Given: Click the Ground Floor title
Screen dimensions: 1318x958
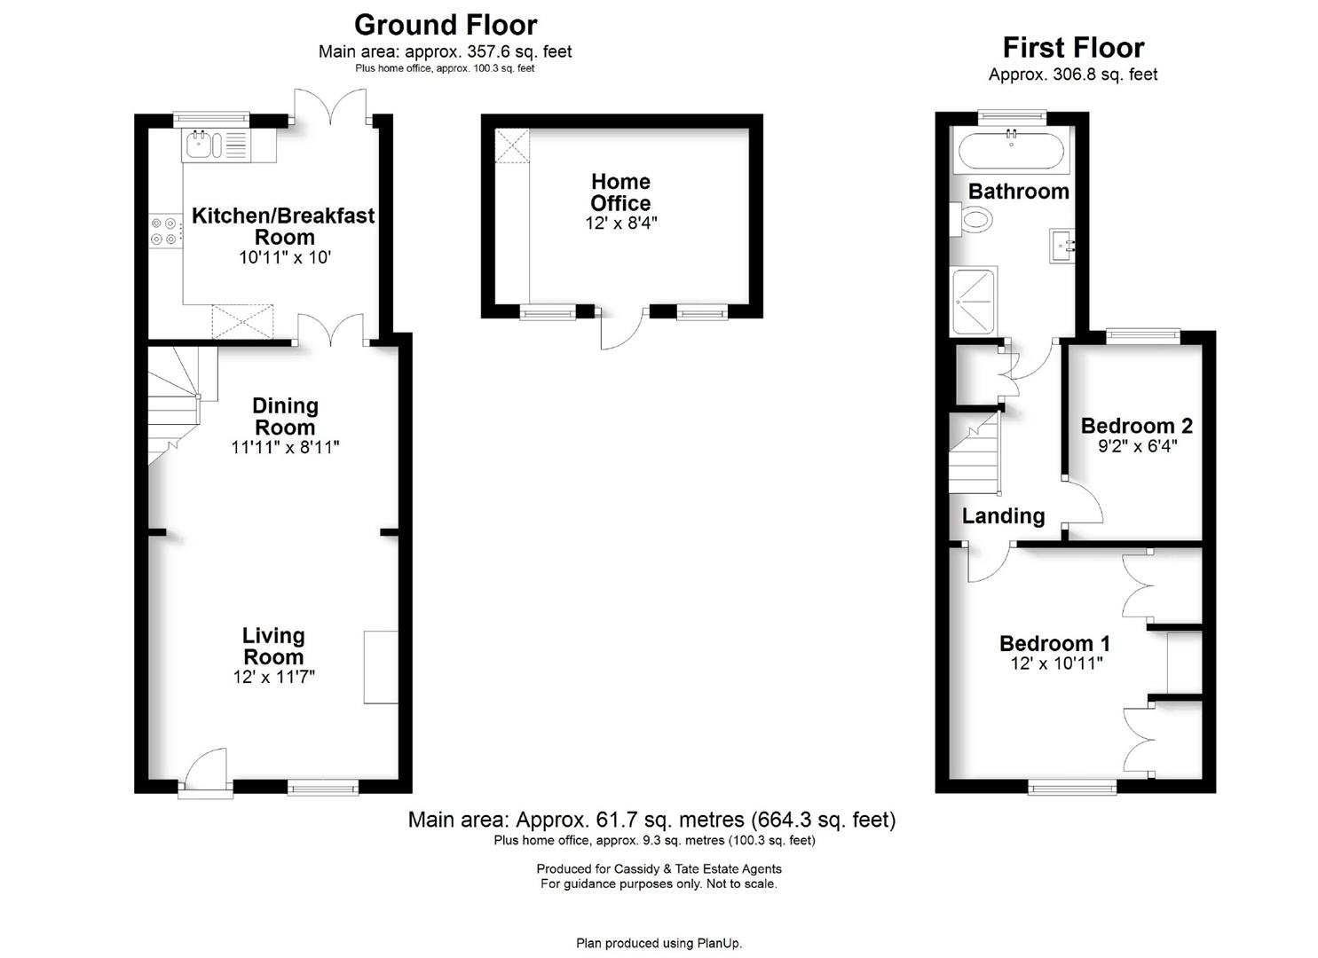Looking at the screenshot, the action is point(446,26).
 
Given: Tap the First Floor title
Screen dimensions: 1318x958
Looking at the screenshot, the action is point(1073,48).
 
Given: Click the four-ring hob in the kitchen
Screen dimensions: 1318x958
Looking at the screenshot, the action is point(164,231).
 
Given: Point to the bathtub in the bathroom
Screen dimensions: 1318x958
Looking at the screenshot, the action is point(1011,151).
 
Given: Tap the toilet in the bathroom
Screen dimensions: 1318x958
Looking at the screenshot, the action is point(971,220).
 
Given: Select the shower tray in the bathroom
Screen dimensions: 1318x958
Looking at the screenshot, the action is point(974,301).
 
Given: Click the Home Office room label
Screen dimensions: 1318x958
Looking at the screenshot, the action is point(620,192).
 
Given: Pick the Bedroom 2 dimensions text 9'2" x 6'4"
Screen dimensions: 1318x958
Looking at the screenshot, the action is point(1137,446).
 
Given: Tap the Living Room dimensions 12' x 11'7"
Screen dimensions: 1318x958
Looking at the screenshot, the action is point(274,677).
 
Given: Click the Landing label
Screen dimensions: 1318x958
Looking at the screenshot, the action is point(1003,515).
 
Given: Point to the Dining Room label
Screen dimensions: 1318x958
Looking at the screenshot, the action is point(286,416).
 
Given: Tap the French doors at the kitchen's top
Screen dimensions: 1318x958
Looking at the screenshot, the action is point(330,106).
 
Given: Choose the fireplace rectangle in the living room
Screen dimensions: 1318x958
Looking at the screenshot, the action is point(381,667).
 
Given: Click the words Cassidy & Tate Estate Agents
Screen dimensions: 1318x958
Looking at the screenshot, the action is point(698,868).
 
